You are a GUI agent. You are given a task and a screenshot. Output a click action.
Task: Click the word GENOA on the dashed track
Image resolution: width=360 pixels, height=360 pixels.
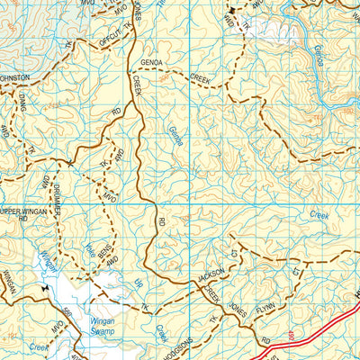click(x=152, y=62)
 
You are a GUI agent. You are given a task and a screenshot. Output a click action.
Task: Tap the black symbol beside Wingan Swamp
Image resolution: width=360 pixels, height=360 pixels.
click(x=43, y=288)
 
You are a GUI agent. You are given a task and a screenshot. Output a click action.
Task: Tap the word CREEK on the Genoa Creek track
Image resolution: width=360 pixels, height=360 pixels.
click(x=200, y=78)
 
